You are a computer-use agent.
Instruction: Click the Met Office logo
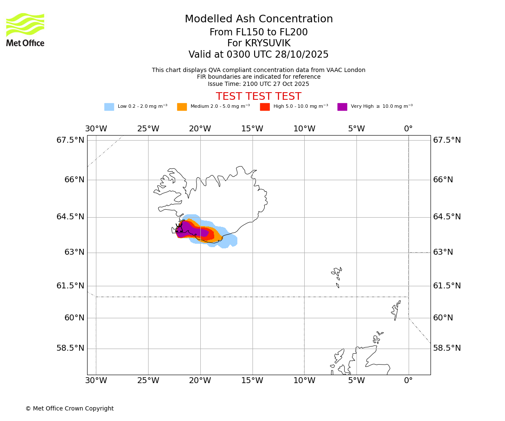point(25,29)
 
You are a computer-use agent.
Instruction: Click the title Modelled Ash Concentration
point(259,19)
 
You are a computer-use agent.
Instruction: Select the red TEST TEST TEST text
point(258,97)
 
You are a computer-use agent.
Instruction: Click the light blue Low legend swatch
point(109,107)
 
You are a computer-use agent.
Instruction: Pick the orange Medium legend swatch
point(182,107)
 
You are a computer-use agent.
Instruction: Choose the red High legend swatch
point(265,107)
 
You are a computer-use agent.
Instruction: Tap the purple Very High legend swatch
point(342,107)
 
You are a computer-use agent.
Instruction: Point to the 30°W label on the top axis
point(96,129)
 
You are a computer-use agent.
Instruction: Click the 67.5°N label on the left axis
point(70,140)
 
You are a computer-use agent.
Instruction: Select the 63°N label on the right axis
point(444,252)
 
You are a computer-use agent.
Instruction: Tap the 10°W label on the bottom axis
point(304,381)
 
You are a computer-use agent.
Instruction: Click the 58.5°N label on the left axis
point(70,348)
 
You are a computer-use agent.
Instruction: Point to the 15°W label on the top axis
point(252,129)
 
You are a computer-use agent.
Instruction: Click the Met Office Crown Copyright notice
point(69,409)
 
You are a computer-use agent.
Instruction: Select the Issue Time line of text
point(258,84)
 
